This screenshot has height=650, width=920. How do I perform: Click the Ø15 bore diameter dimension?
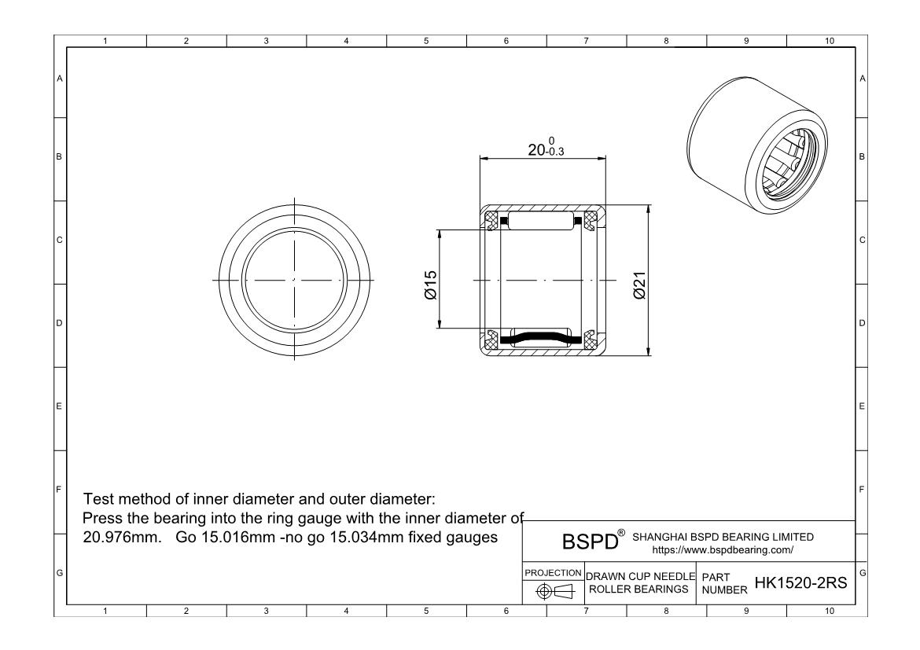click(x=430, y=284)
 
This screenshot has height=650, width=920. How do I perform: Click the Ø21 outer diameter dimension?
click(x=639, y=284)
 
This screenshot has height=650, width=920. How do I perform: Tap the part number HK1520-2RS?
click(x=800, y=582)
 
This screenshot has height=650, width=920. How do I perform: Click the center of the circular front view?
click(x=294, y=280)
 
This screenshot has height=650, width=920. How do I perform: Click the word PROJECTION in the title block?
click(x=554, y=572)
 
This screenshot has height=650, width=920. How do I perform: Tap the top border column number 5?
click(x=425, y=41)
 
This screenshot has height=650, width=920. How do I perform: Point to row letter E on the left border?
click(x=60, y=407)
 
